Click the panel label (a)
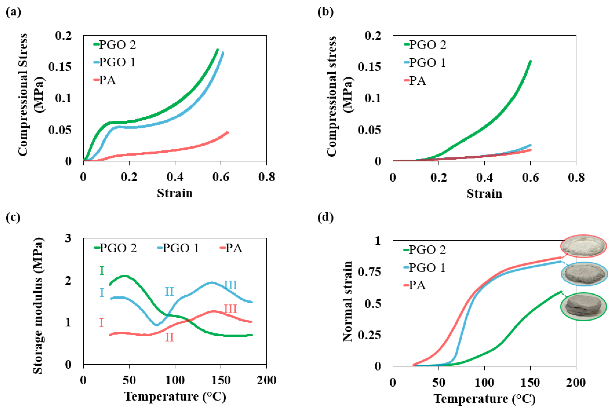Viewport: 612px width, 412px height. [x=13, y=12]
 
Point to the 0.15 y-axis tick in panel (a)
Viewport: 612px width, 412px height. [x=60, y=67]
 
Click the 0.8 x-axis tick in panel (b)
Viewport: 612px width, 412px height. [x=576, y=178]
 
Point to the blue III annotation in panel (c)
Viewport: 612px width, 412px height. [x=230, y=285]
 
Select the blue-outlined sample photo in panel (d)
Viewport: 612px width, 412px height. [x=584, y=274]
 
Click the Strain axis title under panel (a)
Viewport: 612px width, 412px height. [x=175, y=193]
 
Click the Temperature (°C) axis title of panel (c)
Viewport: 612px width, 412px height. [x=175, y=396]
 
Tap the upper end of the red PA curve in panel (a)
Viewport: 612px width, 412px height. [x=227, y=132]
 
